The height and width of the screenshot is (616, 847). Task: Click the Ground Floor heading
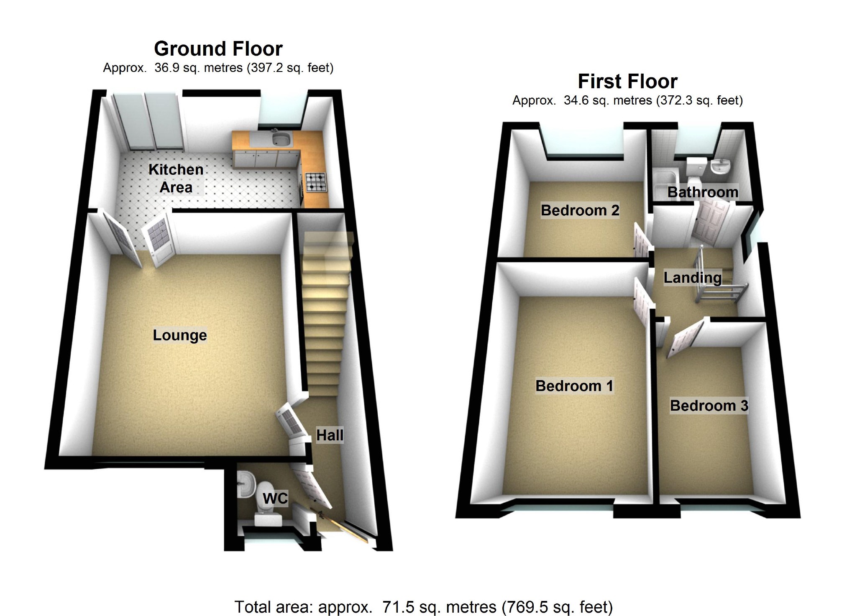[x=218, y=49]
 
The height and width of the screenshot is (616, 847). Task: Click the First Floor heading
[x=627, y=82]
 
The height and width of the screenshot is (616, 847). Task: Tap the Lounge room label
[x=180, y=335]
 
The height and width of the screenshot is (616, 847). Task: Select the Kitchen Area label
[x=176, y=178]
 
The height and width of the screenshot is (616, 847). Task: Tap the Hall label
[x=330, y=435]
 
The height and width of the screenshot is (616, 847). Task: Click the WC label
[x=275, y=498]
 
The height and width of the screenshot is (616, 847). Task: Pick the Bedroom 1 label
[x=574, y=386]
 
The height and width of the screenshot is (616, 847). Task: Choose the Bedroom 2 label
[x=580, y=210]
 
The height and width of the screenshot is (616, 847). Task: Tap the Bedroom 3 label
[x=709, y=406]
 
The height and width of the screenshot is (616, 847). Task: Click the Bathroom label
[x=703, y=192]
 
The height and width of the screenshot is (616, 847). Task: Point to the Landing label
[x=693, y=278]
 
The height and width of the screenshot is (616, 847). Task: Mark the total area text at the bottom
[x=423, y=606]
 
